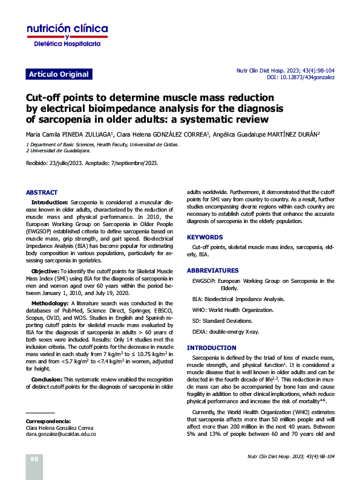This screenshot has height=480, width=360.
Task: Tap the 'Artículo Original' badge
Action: [59, 74]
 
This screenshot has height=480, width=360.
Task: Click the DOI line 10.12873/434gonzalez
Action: [301, 78]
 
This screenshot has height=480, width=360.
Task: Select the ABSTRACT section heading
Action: [42, 192]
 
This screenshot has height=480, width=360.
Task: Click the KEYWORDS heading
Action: [205, 238]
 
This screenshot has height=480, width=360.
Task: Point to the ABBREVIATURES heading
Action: [213, 270]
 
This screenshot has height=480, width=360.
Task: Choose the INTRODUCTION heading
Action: [212, 348]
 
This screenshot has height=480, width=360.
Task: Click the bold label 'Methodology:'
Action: [50, 303]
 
